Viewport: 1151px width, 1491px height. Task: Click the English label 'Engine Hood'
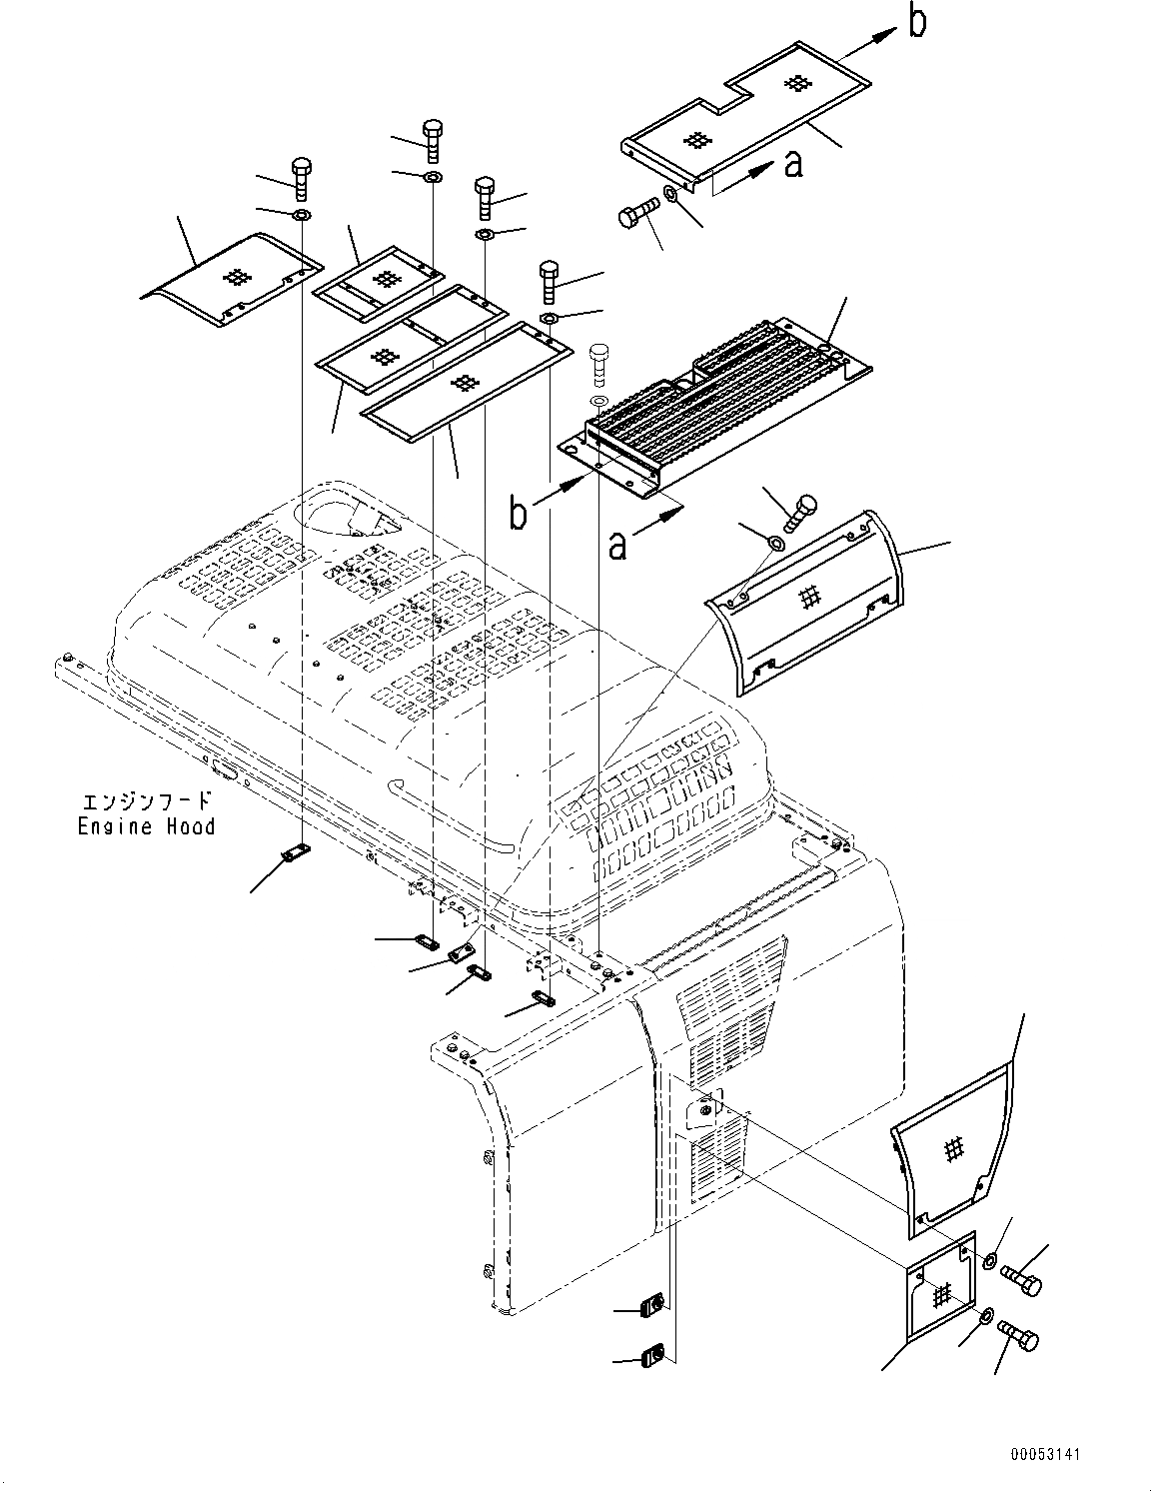click(146, 826)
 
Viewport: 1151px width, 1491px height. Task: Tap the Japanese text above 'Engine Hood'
click(146, 800)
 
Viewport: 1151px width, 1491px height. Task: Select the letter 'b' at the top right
click(916, 23)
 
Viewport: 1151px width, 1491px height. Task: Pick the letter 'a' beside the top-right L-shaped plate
click(792, 164)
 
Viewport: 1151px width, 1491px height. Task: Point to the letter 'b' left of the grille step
click(518, 514)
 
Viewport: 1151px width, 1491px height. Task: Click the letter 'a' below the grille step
click(618, 545)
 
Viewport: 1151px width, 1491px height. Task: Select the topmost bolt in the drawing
click(432, 140)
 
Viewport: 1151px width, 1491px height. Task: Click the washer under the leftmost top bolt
click(301, 216)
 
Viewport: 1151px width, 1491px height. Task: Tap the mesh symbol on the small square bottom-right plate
click(940, 1294)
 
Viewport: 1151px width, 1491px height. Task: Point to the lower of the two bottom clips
click(652, 1354)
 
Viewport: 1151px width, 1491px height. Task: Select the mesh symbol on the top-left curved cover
click(237, 276)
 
